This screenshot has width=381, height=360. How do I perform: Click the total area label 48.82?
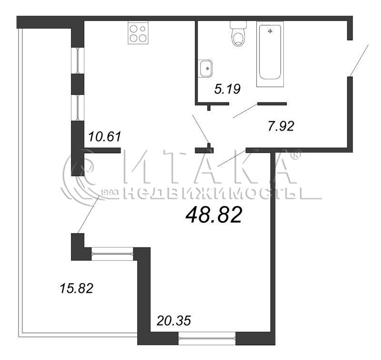[214, 215]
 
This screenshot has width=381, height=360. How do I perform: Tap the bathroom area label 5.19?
[228, 89]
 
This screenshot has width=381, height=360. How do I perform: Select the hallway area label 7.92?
[281, 126]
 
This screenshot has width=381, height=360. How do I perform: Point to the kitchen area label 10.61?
[105, 136]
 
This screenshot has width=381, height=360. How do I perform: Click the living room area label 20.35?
[174, 320]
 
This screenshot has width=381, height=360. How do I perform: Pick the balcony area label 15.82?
[76, 288]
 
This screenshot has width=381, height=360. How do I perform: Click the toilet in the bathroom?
[239, 34]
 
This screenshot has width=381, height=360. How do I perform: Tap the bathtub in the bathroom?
[270, 54]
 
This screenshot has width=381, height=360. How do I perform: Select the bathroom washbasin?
[205, 68]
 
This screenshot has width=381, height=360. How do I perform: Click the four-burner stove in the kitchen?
[138, 34]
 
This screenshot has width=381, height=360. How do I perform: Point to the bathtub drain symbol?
[270, 31]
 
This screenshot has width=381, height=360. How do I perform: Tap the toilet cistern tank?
[239, 25]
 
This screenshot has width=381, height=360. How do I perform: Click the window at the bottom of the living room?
[207, 338]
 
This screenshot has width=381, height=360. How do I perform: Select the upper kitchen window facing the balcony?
[78, 61]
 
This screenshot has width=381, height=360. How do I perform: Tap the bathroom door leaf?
[245, 111]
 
